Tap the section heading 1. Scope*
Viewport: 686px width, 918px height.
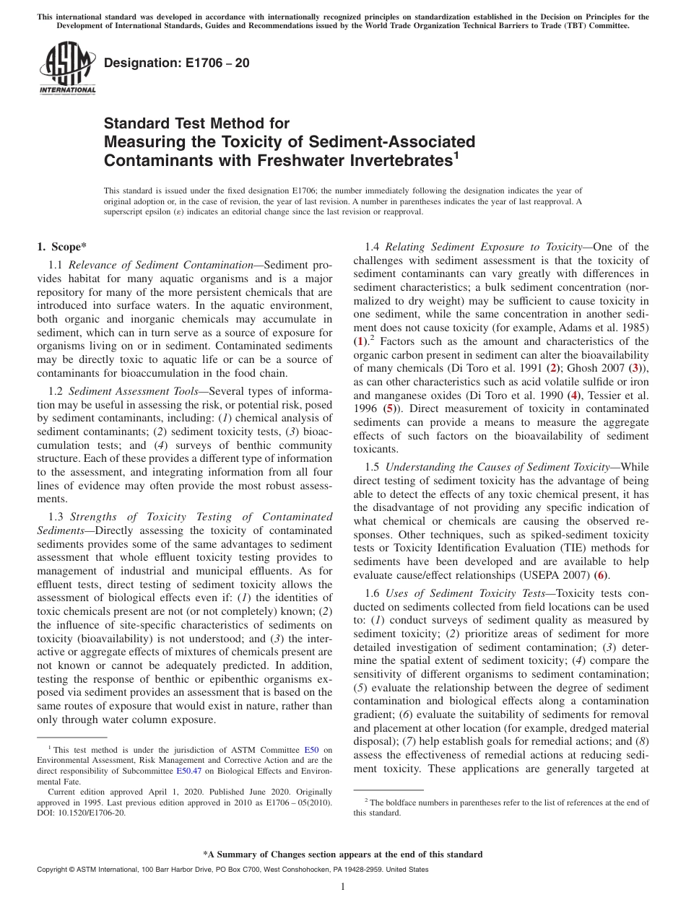coord(62,247)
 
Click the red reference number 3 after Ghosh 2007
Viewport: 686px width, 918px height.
coord(634,369)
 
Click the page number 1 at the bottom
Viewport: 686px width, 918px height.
coord(343,887)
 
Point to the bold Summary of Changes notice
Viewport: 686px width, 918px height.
coord(343,854)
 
